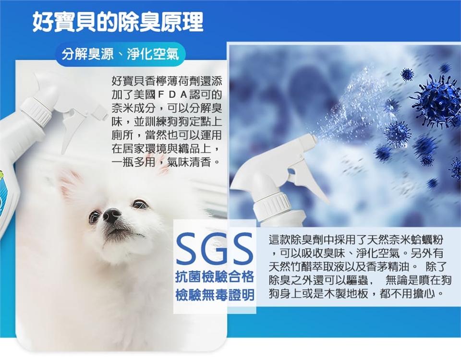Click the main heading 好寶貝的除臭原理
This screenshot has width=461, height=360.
[x=118, y=22]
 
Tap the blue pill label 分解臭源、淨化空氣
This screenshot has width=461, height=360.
[x=121, y=54]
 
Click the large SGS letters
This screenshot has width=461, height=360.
[x=214, y=248]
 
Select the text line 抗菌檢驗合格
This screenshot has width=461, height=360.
[x=214, y=277]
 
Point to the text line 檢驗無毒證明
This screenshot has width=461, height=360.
[x=215, y=295]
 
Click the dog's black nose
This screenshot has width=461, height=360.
[x=112, y=215]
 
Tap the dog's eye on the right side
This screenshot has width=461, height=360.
[x=140, y=204]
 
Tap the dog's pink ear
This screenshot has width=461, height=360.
[x=71, y=184]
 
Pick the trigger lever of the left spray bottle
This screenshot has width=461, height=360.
[x=72, y=129]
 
